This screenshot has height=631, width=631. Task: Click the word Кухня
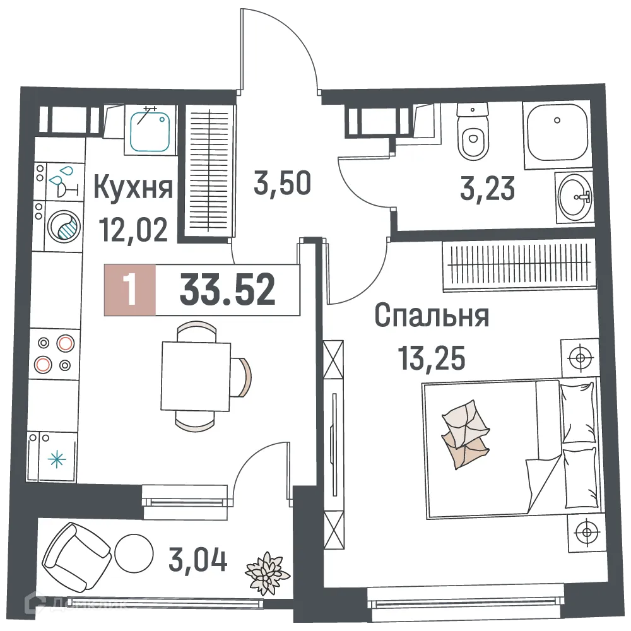[133, 187]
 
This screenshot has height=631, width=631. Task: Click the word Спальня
[432, 316]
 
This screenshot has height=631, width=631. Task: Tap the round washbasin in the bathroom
[574, 198]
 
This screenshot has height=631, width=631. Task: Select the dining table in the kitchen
[195, 375]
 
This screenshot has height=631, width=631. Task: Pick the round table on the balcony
[134, 553]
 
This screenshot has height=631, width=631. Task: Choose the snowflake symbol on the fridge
[57, 459]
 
